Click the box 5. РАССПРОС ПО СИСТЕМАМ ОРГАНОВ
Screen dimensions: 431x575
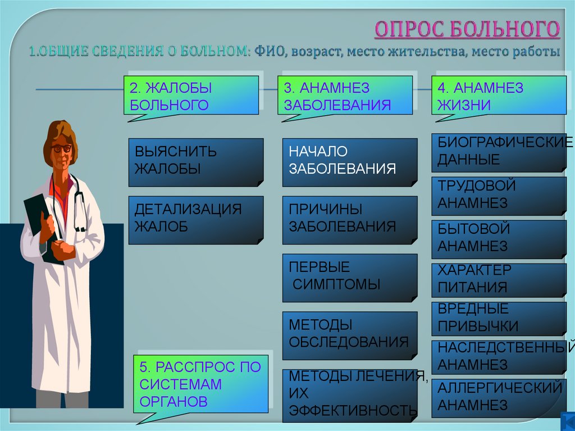coord(200,384)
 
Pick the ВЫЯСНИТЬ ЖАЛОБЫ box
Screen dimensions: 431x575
coord(196,162)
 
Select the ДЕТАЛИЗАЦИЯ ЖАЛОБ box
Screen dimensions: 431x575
coord(196,220)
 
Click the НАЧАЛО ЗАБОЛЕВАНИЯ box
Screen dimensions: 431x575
coord(350,162)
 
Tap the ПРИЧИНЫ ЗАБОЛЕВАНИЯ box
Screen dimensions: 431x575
coord(350,220)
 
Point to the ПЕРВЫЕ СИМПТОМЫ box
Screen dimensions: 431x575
coord(350,277)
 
